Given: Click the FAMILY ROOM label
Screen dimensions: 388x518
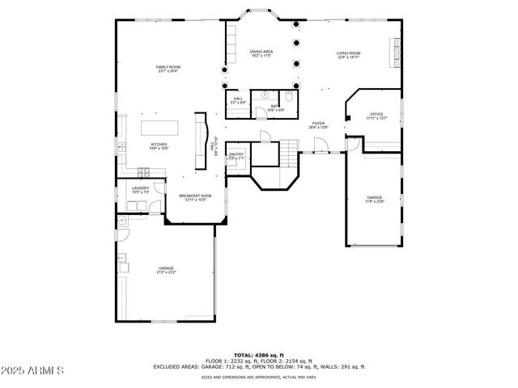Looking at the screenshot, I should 168,68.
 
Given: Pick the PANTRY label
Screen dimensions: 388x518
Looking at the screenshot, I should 236,155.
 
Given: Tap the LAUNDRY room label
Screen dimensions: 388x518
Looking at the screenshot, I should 140,189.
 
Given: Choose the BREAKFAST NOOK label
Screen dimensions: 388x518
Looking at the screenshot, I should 195,196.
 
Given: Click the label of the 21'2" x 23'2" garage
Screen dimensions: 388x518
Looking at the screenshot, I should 166,270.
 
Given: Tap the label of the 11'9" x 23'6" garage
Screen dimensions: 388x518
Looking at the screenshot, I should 374,199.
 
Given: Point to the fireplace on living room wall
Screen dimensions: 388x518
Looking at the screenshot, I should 395,53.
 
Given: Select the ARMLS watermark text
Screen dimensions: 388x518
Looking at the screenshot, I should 34,371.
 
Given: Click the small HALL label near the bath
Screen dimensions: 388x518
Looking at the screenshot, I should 238,100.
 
